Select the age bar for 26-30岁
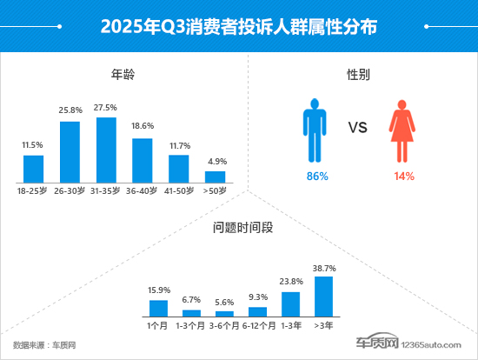(70, 151)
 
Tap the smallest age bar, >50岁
(215, 177)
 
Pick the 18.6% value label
(142, 127)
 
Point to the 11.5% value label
(33, 143)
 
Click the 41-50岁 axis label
(178, 190)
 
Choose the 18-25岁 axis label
(33, 190)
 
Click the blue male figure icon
(314, 130)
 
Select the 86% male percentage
(316, 177)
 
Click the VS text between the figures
(359, 129)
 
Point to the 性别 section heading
(359, 75)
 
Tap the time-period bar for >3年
(323, 296)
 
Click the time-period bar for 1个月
(158, 307)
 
